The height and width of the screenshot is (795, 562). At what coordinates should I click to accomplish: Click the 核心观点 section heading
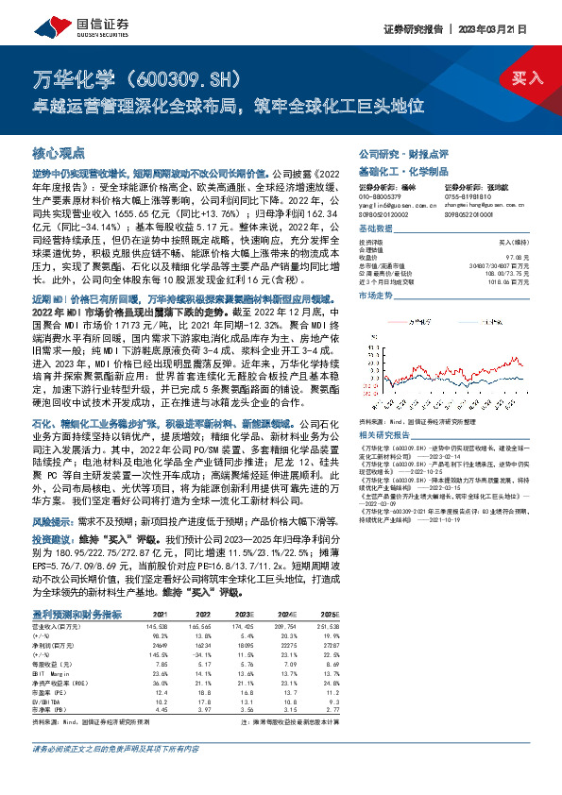coord(59,152)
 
